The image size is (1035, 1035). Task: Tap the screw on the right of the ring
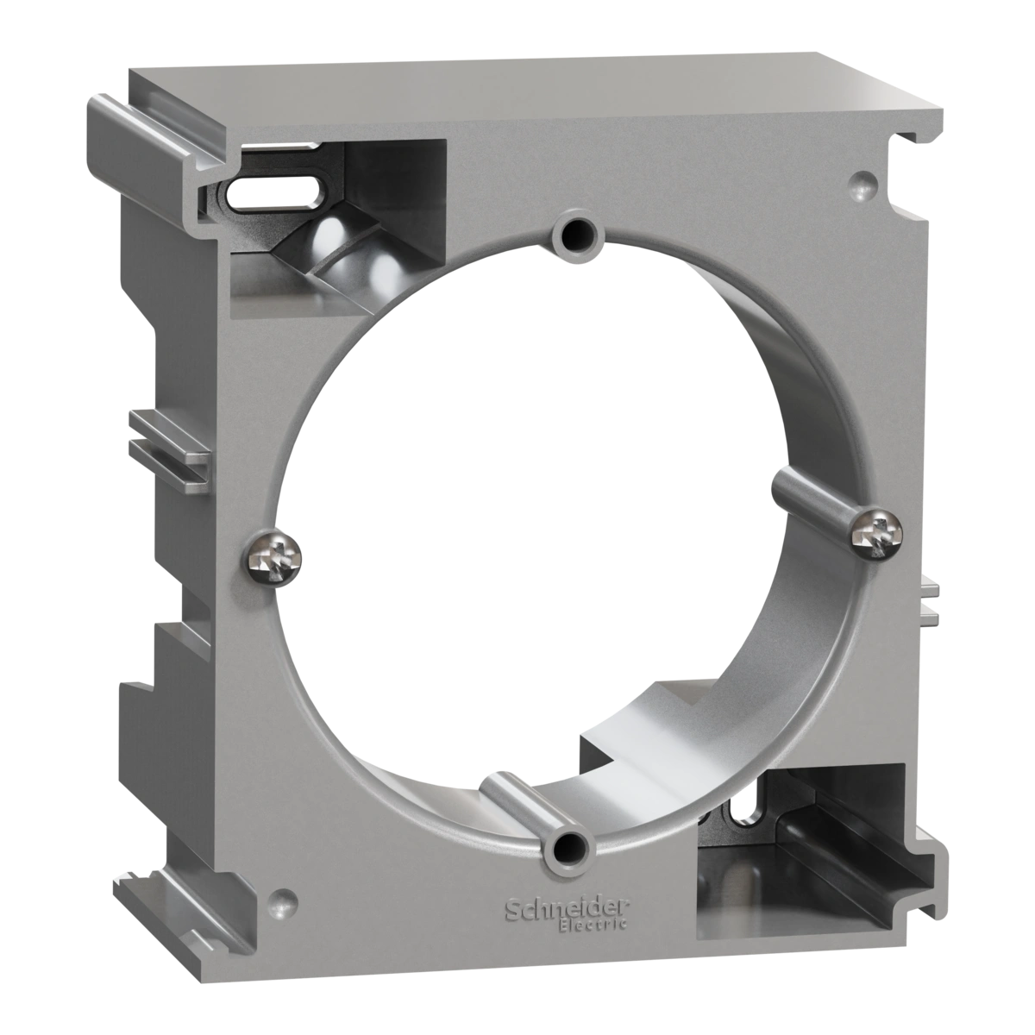tap(876, 533)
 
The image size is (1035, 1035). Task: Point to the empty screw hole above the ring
tap(573, 233)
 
